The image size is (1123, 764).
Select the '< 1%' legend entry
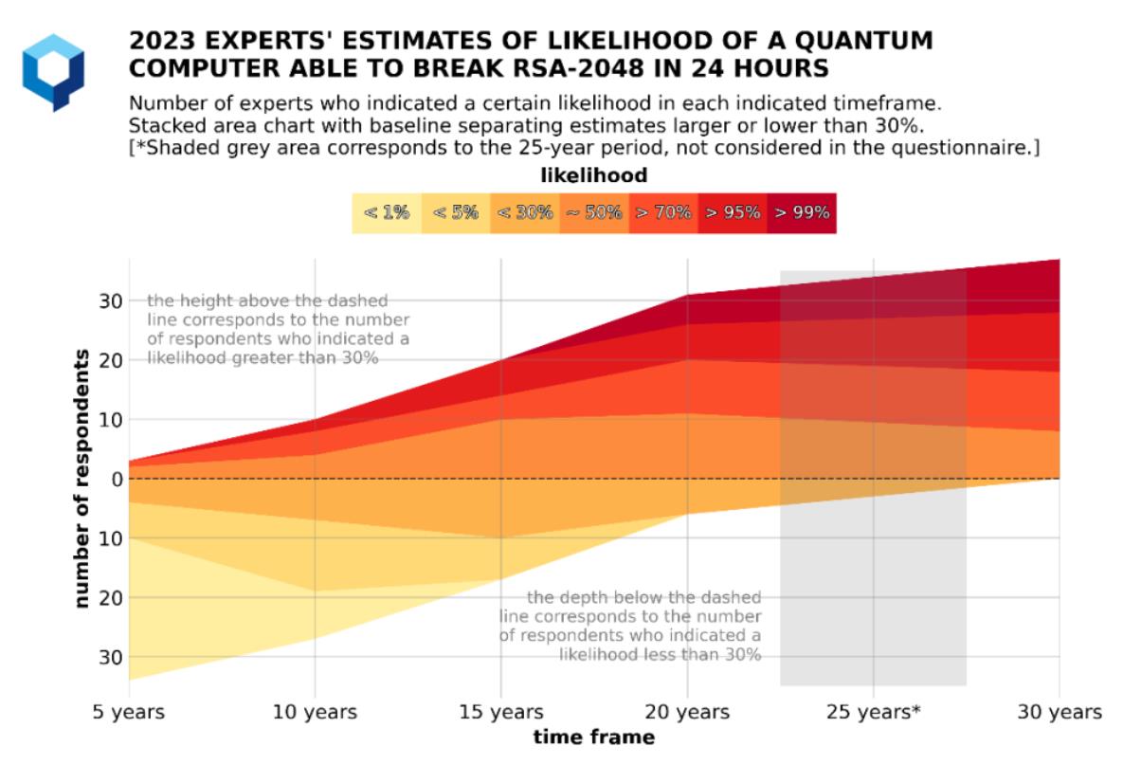[386, 213]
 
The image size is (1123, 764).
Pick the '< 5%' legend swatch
[455, 213]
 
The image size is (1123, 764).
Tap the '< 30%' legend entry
[524, 213]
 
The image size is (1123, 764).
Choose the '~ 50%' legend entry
[593, 213]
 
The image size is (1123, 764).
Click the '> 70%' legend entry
[662, 213]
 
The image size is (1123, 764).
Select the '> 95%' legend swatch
[732, 213]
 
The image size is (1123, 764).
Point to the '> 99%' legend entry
[801, 213]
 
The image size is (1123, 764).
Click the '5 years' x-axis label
[129, 712]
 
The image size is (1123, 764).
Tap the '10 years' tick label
[314, 712]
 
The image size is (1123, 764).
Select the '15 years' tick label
[500, 712]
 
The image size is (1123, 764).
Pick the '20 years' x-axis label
[686, 712]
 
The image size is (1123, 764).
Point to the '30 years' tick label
[1059, 712]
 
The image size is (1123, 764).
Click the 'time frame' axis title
[593, 737]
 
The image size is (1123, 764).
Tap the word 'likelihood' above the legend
[593, 175]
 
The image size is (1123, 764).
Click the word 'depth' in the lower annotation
[589, 597]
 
